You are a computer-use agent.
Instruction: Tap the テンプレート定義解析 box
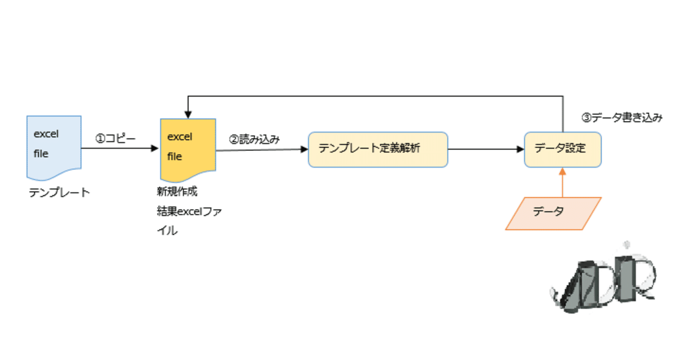(x=378, y=149)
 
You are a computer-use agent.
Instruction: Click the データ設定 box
(x=562, y=149)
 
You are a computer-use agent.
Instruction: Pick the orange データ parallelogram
(x=553, y=213)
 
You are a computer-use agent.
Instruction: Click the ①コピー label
(x=116, y=138)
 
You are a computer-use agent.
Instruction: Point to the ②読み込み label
(x=255, y=140)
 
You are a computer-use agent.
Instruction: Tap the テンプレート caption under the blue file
(x=60, y=192)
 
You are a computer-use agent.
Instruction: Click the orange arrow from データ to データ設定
(x=562, y=183)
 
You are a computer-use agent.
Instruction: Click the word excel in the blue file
(x=46, y=134)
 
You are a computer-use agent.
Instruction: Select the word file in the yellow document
(x=174, y=157)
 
